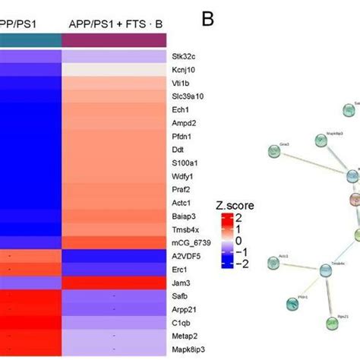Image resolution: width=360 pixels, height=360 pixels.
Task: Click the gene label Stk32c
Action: tap(184, 55)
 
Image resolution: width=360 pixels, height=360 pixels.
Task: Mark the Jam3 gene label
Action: tap(182, 286)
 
